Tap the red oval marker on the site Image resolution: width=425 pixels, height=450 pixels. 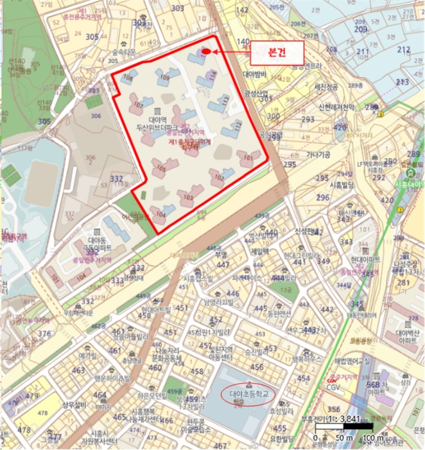pyautogui.click(x=206, y=52)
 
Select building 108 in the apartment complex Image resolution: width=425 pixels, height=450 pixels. pyautogui.click(x=127, y=78)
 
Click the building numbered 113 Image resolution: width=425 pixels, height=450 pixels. pyautogui.click(x=224, y=102)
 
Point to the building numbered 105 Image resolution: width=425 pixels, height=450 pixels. pyautogui.click(x=160, y=168)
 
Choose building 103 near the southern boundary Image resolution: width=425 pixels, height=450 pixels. pyautogui.click(x=187, y=197)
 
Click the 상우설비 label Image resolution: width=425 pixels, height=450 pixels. pyautogui.click(x=74, y=405)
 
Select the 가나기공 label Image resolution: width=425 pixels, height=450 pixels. pyautogui.click(x=318, y=155)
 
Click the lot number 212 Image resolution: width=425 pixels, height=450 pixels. pyautogui.click(x=403, y=50)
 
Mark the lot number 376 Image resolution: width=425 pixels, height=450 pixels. pyautogui.click(x=44, y=334)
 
